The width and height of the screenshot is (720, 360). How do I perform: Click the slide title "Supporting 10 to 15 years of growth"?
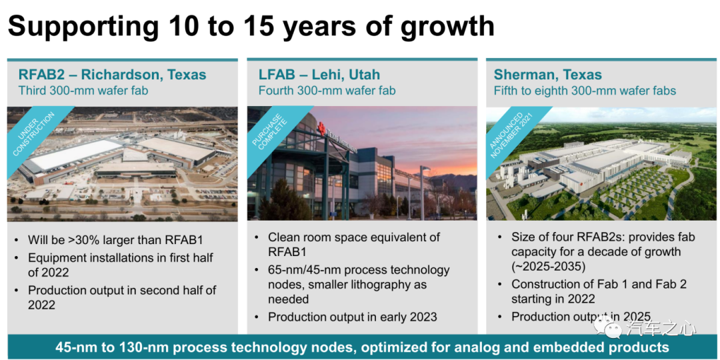tap(251, 26)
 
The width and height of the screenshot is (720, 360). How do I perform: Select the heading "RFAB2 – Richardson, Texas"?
tap(113, 75)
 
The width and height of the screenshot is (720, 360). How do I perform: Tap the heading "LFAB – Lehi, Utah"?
tap(319, 75)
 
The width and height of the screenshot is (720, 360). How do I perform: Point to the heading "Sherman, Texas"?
tap(548, 75)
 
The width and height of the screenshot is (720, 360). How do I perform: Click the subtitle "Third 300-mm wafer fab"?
tap(83, 91)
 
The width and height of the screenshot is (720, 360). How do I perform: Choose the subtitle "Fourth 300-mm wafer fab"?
tap(327, 91)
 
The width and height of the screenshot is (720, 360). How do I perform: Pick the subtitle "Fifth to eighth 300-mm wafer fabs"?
tap(585, 91)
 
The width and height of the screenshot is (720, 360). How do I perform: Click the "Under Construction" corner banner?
tap(35, 134)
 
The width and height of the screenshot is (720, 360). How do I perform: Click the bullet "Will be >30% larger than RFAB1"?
tap(115, 240)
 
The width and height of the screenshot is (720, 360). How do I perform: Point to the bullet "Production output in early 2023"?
tap(353, 317)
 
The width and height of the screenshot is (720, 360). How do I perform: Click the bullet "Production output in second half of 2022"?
tap(122, 297)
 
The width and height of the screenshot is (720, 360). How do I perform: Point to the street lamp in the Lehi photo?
tap(423, 192)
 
